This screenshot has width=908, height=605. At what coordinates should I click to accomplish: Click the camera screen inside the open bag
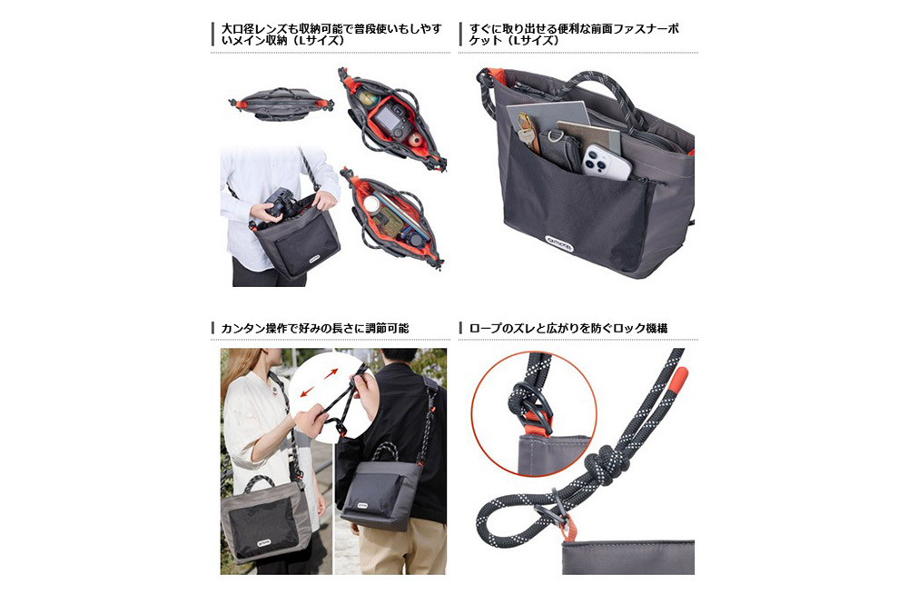point(384,120)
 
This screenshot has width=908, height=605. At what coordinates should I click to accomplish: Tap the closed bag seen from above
point(281,104)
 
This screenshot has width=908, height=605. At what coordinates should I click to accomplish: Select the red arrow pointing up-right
point(331,373)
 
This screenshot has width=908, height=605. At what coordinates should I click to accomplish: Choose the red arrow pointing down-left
point(308,392)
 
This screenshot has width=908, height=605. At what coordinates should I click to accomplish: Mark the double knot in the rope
point(602,461)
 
